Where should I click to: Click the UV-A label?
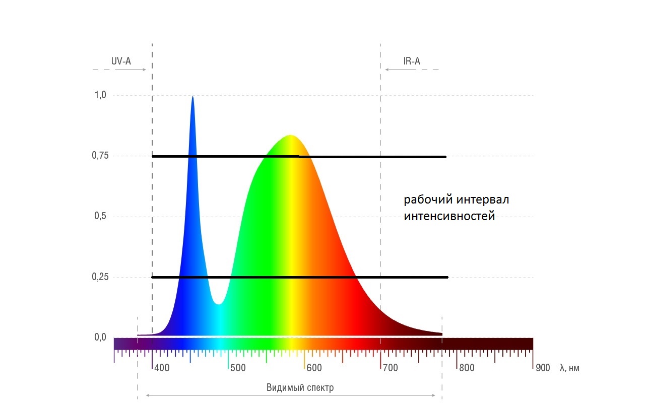tap(121, 61)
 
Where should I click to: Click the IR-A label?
tap(411, 61)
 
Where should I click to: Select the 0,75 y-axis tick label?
tap(101, 156)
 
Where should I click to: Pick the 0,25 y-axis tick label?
tap(101, 277)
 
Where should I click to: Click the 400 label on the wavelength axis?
tap(162, 368)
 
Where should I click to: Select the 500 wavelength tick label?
tap(238, 368)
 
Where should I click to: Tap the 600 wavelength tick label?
tap(314, 368)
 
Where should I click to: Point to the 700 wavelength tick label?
tap(390, 368)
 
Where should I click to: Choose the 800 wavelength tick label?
tap(467, 368)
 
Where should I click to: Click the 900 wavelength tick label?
tap(543, 368)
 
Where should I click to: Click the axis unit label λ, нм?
tap(569, 368)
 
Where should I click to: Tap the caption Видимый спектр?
tap(300, 387)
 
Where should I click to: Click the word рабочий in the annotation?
tap(428, 200)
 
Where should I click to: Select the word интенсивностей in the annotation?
tap(449, 217)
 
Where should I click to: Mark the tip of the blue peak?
tap(192, 97)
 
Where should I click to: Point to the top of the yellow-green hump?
tap(290, 136)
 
